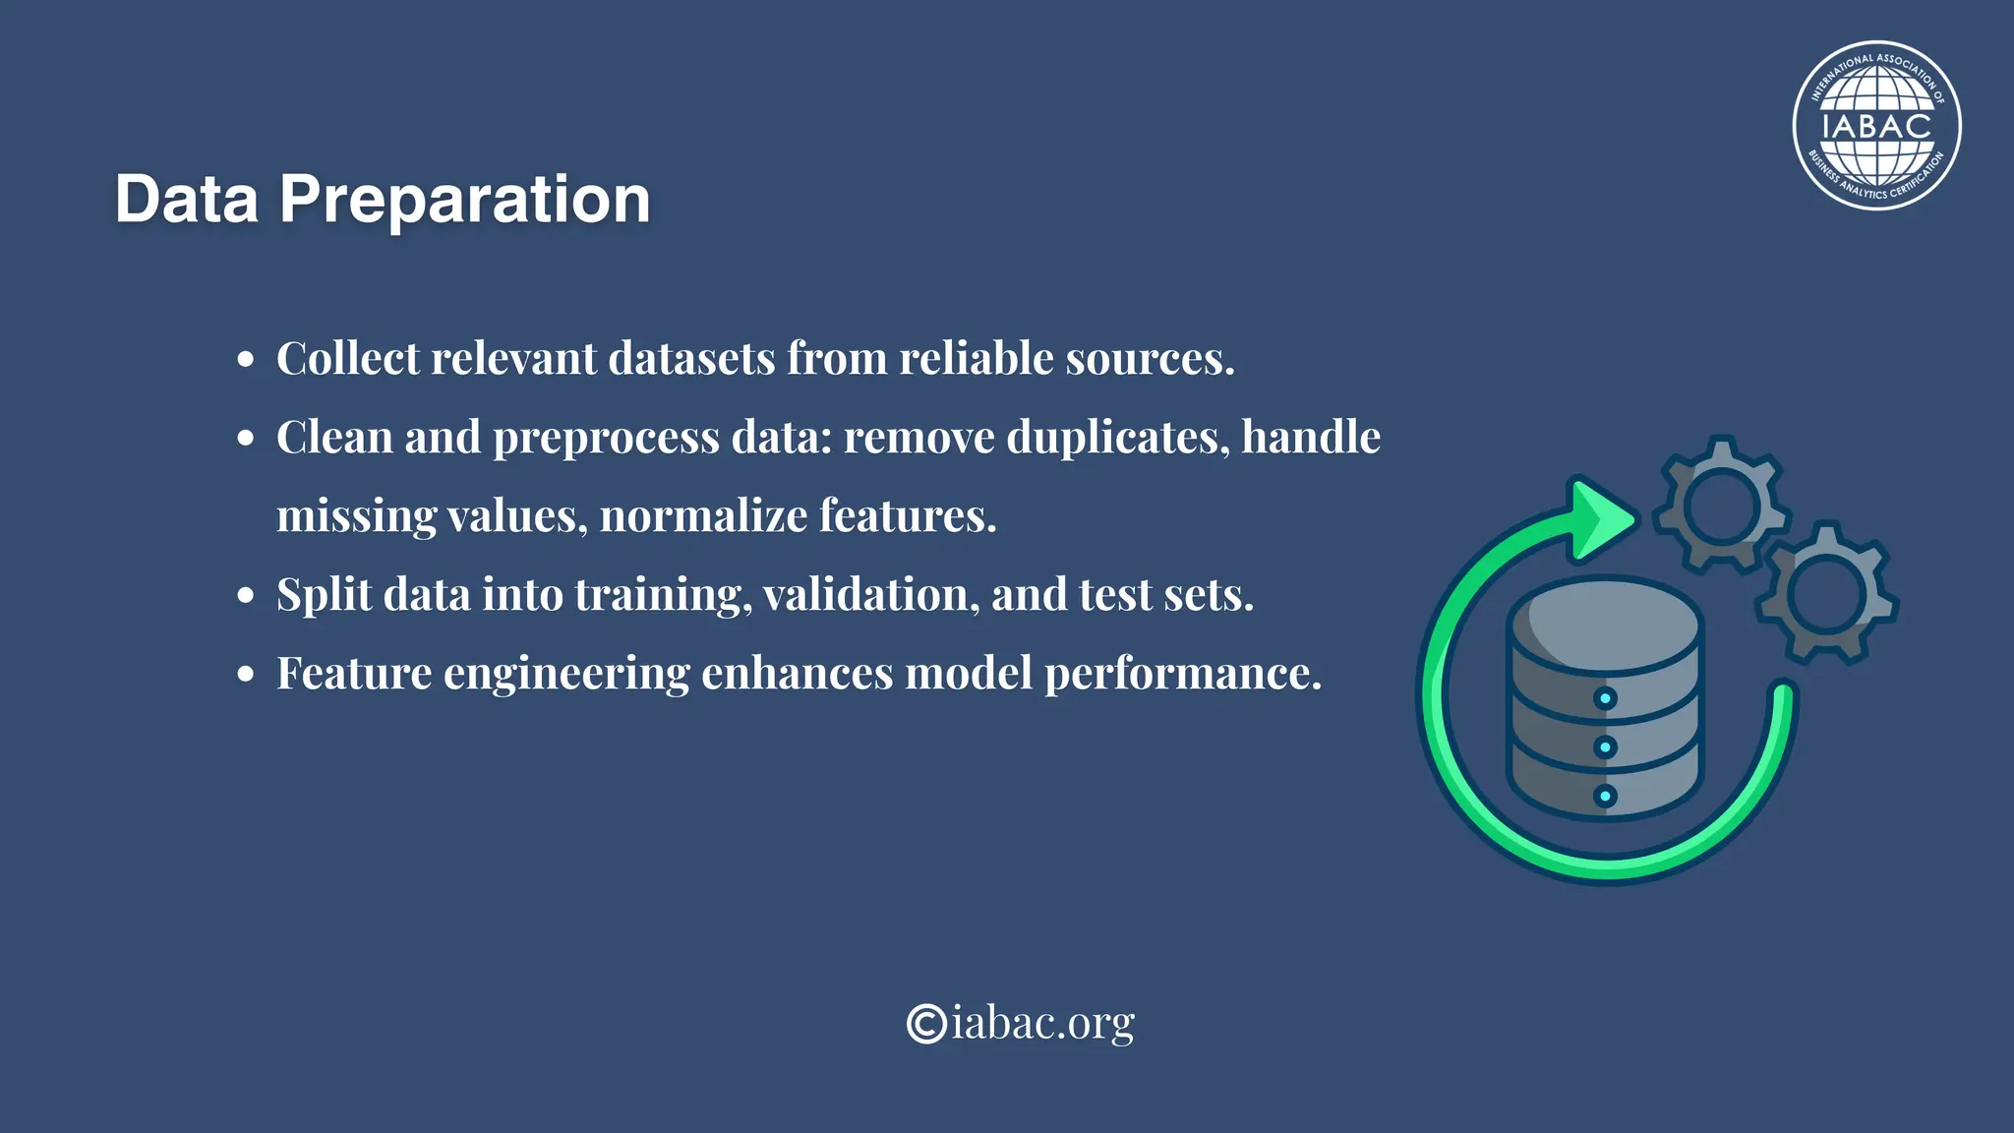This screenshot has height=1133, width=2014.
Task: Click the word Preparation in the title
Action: [464, 201]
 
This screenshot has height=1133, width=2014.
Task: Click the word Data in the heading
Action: [187, 201]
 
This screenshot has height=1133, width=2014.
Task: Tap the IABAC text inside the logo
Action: [1876, 127]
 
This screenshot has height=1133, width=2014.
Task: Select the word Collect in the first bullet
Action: [347, 359]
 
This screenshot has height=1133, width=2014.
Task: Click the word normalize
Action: [702, 516]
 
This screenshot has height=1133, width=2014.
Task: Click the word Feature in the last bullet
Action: [354, 674]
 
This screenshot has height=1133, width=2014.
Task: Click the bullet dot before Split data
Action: [246, 596]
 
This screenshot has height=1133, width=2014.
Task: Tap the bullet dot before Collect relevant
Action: [246, 360]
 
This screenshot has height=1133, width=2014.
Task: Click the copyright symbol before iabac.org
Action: [926, 1024]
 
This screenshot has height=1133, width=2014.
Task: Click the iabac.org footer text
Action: [1042, 1024]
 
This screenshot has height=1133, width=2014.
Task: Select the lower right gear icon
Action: [1826, 593]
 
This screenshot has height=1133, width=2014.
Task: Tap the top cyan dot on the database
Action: [1605, 699]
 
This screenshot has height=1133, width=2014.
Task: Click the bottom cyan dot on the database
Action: [1605, 796]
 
